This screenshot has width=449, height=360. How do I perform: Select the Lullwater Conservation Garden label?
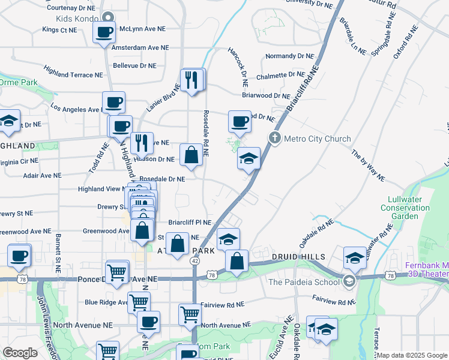pyautogui.click(x=405, y=208)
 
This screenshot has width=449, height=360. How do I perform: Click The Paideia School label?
pyautogui.click(x=303, y=281)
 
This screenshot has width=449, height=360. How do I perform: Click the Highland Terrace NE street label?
pyautogui.click(x=73, y=74)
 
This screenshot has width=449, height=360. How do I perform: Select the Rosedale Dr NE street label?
pyautogui.click(x=162, y=179)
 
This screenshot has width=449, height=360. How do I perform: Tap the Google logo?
pyautogui.click(x=20, y=353)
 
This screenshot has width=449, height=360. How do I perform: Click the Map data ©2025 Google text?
pyautogui.click(x=412, y=355)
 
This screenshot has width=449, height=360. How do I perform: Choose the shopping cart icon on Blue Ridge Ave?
pyautogui.click(x=139, y=302)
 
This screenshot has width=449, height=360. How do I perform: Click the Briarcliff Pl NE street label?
pyautogui.click(x=190, y=222)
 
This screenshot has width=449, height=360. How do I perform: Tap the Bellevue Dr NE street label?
pyautogui.click(x=134, y=65)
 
